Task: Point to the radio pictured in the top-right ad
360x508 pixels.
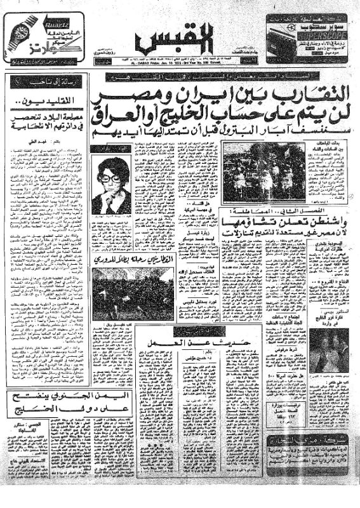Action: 286,34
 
